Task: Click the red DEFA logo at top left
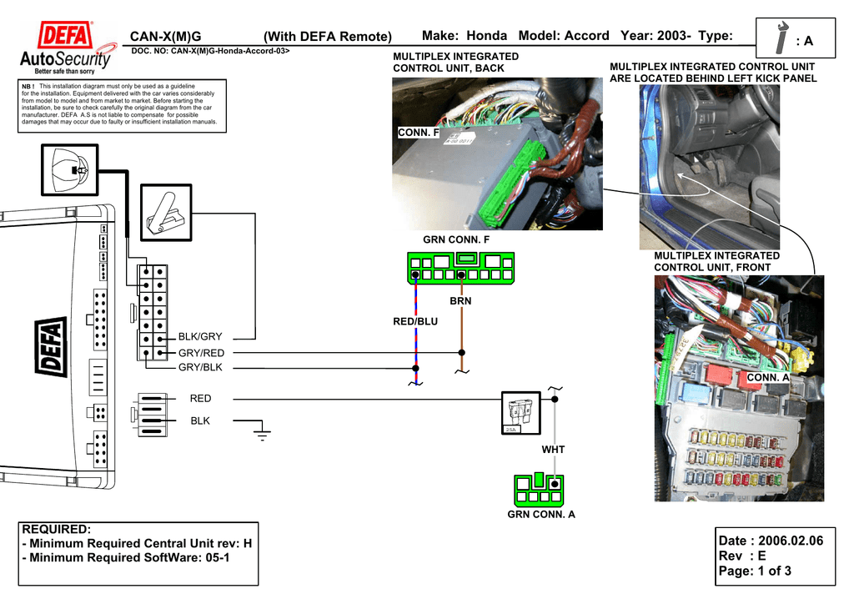[66, 38]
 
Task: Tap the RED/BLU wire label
[415, 322]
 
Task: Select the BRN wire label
[461, 301]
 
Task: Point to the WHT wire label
[553, 450]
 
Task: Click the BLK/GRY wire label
[200, 337]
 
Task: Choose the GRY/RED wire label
[201, 353]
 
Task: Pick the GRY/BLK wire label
[200, 368]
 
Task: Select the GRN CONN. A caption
[541, 515]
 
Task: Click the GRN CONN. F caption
[456, 240]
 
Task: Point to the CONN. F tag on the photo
[418, 133]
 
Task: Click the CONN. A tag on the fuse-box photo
[767, 378]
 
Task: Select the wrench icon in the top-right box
[781, 39]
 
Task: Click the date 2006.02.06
[771, 541]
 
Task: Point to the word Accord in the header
[586, 36]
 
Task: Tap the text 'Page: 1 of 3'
[756, 571]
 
